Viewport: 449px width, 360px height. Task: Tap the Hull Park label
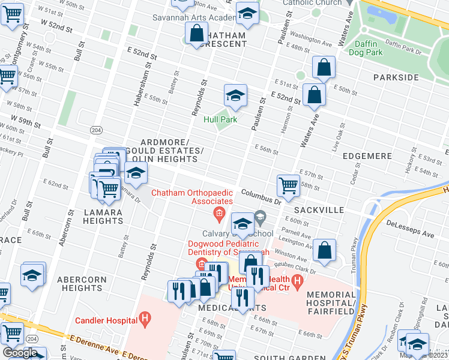pyautogui.click(x=220, y=119)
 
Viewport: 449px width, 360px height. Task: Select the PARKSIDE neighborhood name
pyautogui.click(x=396, y=77)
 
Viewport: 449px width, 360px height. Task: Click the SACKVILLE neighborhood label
pyautogui.click(x=319, y=210)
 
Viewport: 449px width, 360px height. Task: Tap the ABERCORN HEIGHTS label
pyautogui.click(x=82, y=284)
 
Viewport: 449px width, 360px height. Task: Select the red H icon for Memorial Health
pyautogui.click(x=296, y=280)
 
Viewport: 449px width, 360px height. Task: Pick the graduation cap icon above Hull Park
pyautogui.click(x=236, y=95)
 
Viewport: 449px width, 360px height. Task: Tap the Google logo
pyautogui.click(x=20, y=352)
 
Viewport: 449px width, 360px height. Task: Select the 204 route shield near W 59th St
pyautogui.click(x=95, y=130)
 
